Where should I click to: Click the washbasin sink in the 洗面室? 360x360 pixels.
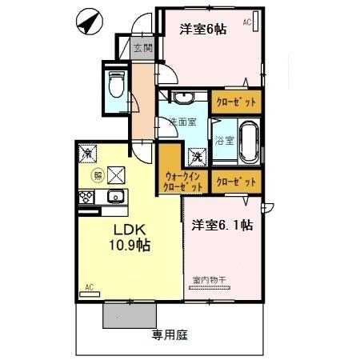click(183, 98)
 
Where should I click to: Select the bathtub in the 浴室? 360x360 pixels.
click(247, 139)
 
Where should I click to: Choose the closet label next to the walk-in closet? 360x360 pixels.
click(236, 181)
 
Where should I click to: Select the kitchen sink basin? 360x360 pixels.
click(114, 197)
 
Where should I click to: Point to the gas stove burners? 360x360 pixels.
click(85, 197)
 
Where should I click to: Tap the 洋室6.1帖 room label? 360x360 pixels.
click(222, 226)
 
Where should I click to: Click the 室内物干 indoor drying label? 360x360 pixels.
click(210, 279)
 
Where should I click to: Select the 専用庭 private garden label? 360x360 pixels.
click(170, 335)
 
